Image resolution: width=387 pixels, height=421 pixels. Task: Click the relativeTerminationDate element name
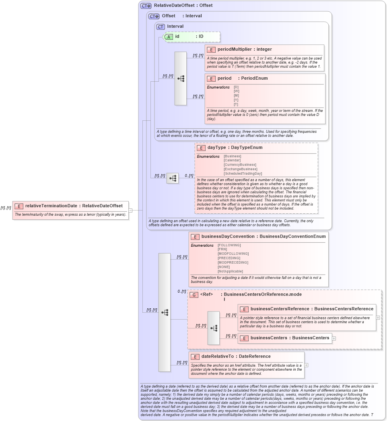point(51,206)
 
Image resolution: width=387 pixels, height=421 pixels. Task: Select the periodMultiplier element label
point(235,50)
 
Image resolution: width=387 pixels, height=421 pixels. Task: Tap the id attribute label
point(177,37)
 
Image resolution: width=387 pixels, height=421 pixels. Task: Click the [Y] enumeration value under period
point(236,100)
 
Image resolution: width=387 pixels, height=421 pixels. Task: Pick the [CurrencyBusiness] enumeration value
point(240,165)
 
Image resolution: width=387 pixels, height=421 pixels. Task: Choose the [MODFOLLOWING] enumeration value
point(233,254)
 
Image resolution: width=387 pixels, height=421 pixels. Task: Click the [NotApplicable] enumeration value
point(230,271)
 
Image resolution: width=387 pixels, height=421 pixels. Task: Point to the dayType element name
point(216,148)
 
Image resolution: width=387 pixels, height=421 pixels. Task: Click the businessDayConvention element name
point(228,237)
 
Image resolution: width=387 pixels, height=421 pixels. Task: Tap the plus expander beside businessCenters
point(334,338)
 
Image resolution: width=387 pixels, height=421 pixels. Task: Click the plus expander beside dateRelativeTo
point(307,365)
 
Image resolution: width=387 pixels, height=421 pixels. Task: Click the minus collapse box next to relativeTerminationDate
point(130,210)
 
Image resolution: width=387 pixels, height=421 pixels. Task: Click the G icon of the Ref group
point(194,295)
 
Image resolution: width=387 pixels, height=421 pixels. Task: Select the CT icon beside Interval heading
point(161,27)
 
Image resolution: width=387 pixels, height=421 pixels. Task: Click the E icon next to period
point(211,78)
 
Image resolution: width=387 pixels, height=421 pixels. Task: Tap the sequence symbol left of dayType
point(173,178)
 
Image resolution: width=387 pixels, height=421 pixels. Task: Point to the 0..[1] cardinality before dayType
point(189,175)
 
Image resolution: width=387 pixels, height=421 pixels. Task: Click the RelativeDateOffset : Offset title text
point(183,6)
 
